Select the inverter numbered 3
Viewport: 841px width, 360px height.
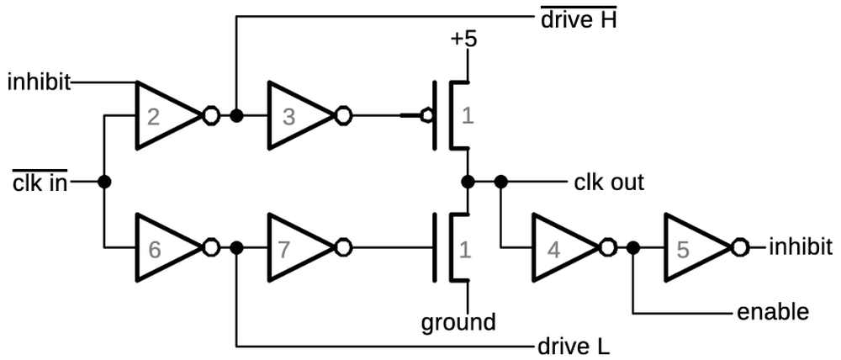[296, 115]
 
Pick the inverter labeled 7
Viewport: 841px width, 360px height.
[296, 247]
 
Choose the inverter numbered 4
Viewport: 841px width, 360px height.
[560, 247]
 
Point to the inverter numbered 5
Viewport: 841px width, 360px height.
[693, 247]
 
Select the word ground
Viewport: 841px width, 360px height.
[458, 321]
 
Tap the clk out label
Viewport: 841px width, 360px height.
[609, 182]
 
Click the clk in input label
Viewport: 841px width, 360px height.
[40, 182]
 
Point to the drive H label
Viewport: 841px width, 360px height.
[578, 19]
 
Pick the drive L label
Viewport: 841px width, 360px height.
[573, 346]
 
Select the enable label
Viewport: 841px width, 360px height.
[772, 312]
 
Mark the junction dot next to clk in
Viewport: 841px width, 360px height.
[103, 181]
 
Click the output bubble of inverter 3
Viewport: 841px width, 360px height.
[343, 115]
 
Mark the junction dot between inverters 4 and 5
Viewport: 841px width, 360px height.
[632, 247]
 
